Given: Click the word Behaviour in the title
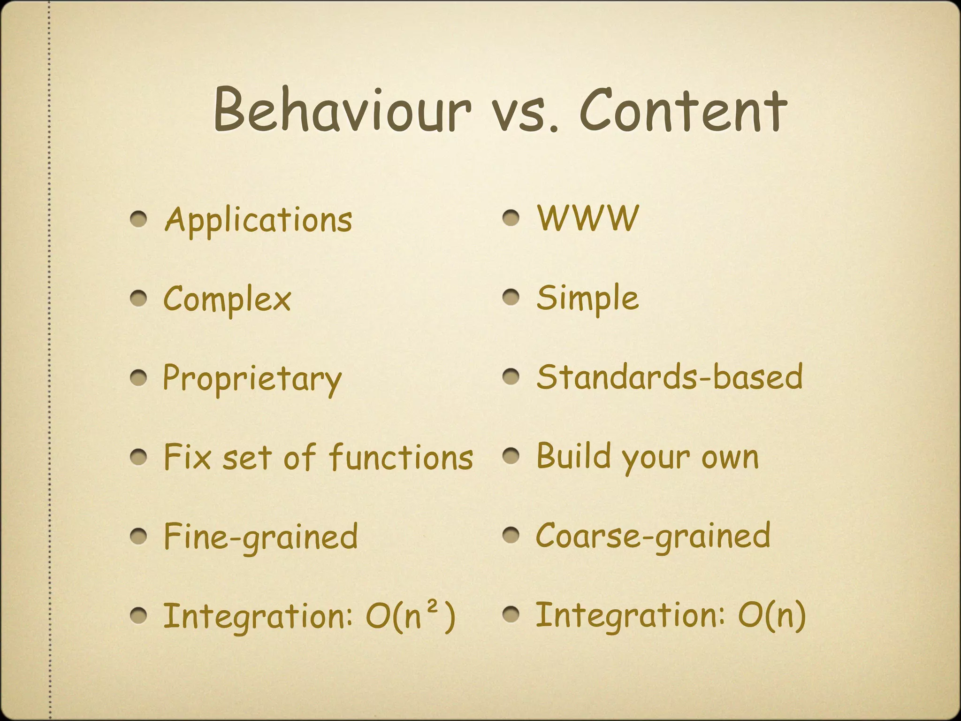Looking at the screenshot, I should click(x=342, y=111).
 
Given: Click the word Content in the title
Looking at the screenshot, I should click(x=683, y=111).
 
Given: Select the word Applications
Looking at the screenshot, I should click(x=258, y=220).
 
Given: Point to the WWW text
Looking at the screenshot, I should click(x=588, y=218).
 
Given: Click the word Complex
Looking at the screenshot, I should click(x=227, y=299).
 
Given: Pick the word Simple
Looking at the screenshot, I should click(x=587, y=299).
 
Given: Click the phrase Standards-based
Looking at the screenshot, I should click(x=670, y=377).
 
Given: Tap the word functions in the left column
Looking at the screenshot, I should click(x=401, y=458).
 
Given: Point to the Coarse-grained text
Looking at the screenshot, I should click(x=653, y=536).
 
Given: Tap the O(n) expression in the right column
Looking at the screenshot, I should click(x=771, y=615).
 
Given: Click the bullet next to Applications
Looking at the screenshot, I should click(x=139, y=219).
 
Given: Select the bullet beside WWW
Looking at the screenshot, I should click(x=511, y=218).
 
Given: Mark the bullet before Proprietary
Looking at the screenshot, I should click(x=139, y=378).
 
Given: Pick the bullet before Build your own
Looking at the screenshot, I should click(x=511, y=456).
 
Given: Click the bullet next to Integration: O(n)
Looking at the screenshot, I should click(x=511, y=615).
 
